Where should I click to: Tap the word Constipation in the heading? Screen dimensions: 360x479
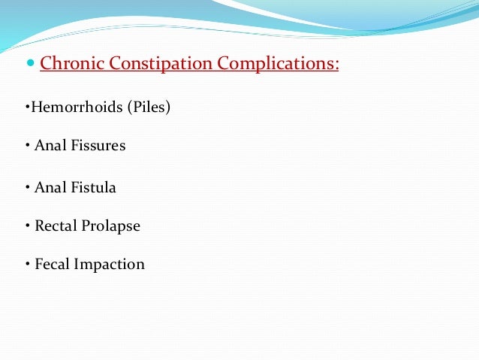(158, 63)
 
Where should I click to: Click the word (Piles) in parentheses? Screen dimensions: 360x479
(149, 107)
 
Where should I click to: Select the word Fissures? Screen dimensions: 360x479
(98, 146)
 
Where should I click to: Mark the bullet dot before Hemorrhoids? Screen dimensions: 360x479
(27, 107)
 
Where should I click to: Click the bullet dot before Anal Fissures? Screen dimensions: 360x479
(27, 147)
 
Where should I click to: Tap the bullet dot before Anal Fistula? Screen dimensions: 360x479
(27, 188)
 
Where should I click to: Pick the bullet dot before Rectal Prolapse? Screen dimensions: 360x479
(27, 226)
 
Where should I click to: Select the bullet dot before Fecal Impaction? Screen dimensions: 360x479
(27, 265)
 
